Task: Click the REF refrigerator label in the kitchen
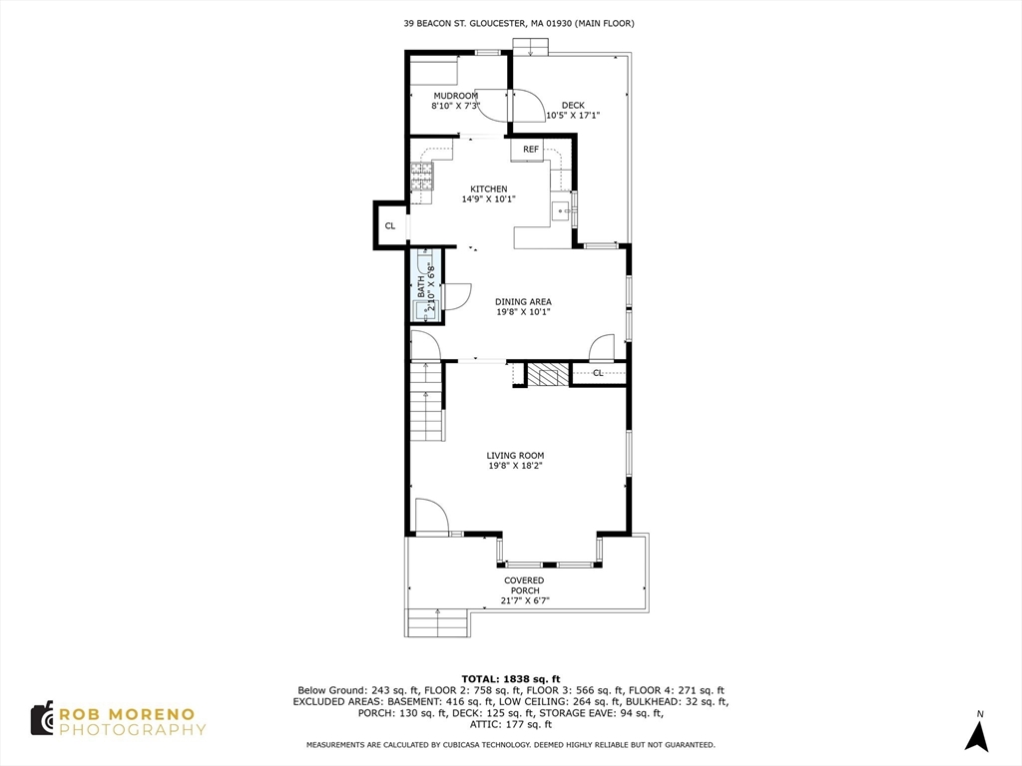click(x=531, y=150)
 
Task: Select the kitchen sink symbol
click(x=562, y=210)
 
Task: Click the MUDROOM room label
click(x=455, y=96)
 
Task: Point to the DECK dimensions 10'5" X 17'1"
click(x=573, y=116)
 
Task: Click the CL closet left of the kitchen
click(x=390, y=225)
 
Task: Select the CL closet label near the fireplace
click(x=598, y=373)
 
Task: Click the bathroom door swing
click(x=455, y=296)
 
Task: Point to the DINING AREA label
click(x=523, y=301)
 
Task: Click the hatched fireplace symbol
click(x=547, y=375)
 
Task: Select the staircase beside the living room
click(x=426, y=403)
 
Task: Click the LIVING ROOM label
click(x=515, y=455)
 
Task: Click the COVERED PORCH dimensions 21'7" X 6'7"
click(x=525, y=601)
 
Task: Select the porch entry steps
click(x=438, y=623)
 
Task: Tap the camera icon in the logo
click(x=42, y=719)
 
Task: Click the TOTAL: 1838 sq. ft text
click(x=510, y=678)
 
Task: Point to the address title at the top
click(x=518, y=23)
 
